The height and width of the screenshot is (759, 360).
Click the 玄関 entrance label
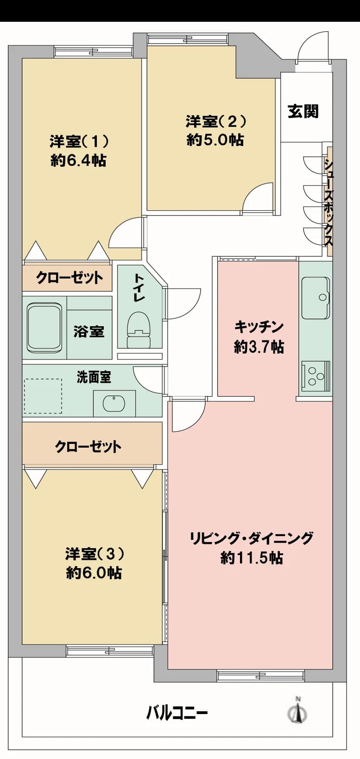click(303, 111)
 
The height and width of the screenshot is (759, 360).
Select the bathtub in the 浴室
click(44, 328)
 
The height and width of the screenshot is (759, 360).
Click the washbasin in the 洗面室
click(114, 403)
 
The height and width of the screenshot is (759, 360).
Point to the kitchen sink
click(316, 298)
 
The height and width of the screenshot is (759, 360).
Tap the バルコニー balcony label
click(177, 712)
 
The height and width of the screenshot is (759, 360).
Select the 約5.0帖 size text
click(215, 139)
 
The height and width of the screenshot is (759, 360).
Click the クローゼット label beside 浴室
click(69, 278)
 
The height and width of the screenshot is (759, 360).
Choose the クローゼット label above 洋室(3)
click(88, 447)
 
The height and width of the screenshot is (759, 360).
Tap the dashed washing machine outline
click(43, 396)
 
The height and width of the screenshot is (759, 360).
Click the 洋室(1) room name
click(79, 141)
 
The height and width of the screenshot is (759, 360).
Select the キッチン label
click(259, 327)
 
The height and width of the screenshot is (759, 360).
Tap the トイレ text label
click(139, 288)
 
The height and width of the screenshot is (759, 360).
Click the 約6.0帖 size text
click(94, 573)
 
